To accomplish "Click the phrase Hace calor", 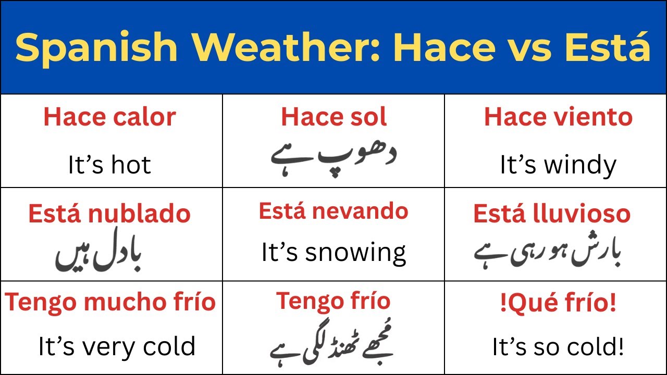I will (x=109, y=117).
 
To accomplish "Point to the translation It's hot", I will (x=109, y=165).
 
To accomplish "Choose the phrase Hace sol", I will (x=333, y=117).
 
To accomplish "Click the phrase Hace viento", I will (x=558, y=117).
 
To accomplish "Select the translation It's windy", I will (x=558, y=165).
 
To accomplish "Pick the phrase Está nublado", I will (x=109, y=214).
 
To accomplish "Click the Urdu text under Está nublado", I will (x=99, y=254).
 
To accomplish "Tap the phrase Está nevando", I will (x=333, y=211).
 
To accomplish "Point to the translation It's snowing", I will (x=333, y=253).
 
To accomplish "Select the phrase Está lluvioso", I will (x=552, y=214).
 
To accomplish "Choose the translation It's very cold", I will (x=117, y=346).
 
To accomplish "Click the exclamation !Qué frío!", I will (x=558, y=302).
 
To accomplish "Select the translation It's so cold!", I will (x=558, y=346).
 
